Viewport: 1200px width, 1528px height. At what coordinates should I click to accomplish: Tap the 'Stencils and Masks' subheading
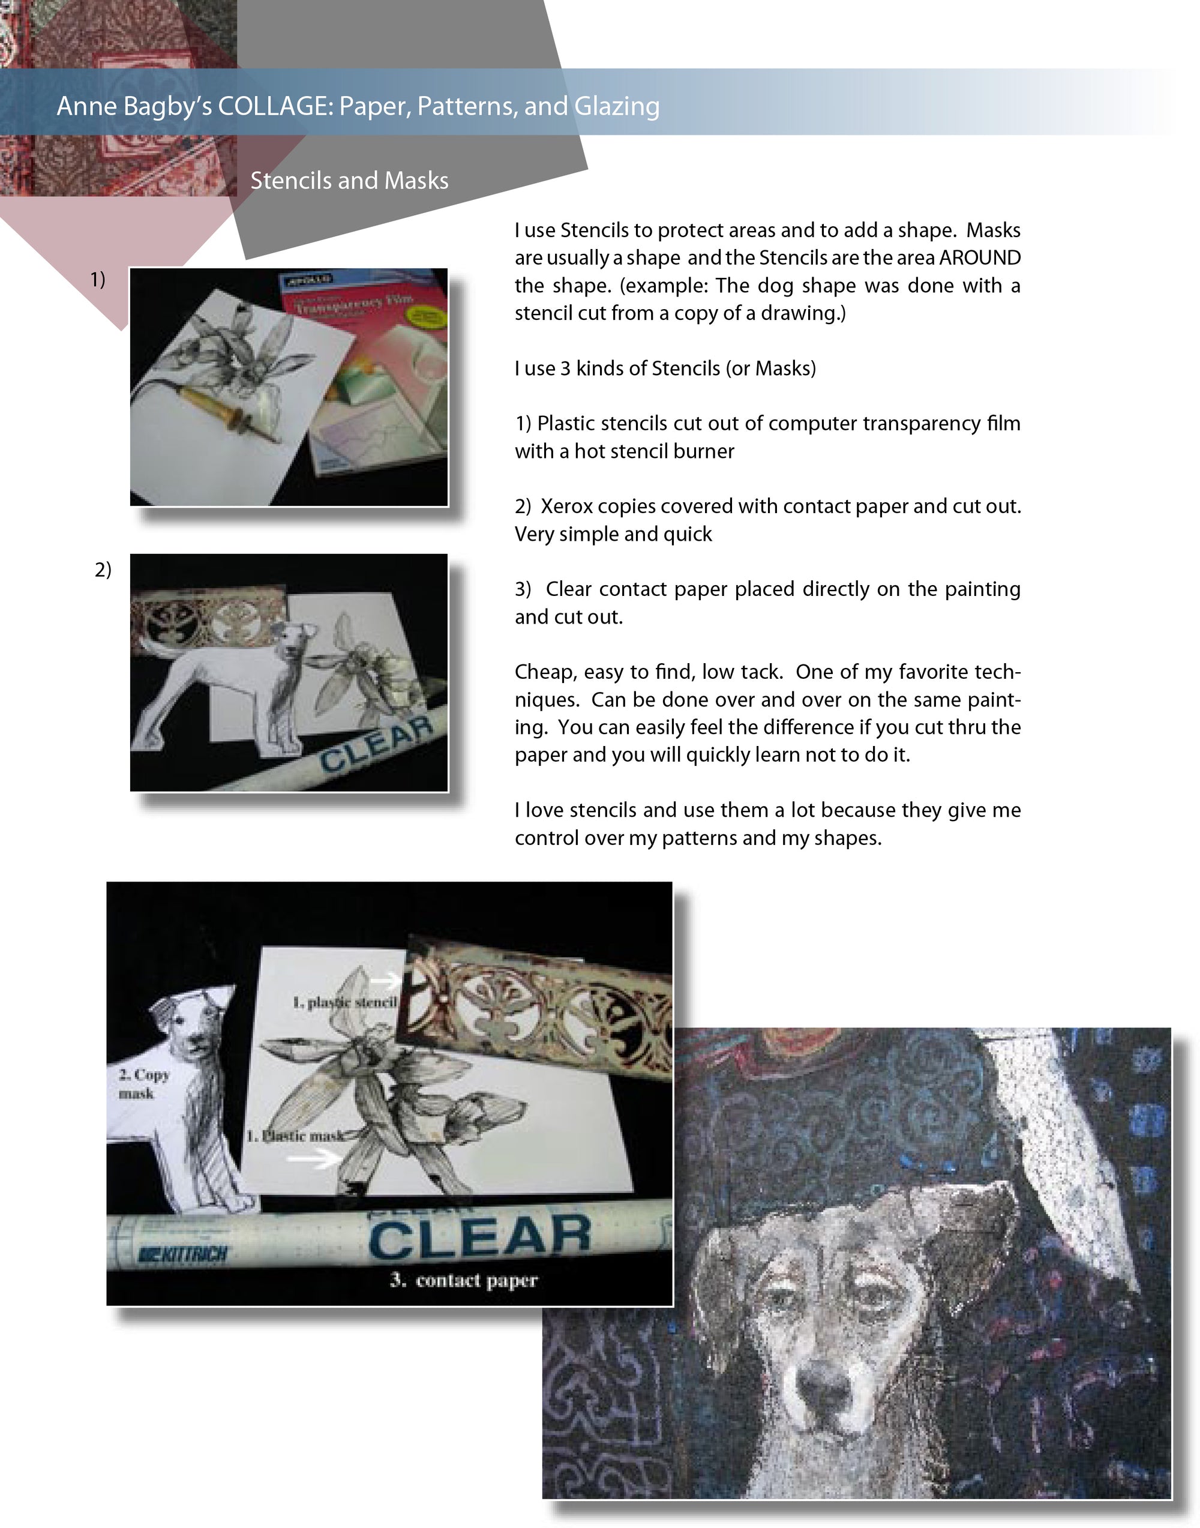click(349, 181)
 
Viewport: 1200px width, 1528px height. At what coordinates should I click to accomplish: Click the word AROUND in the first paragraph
click(979, 258)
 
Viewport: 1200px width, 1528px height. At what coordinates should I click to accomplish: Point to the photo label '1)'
click(98, 280)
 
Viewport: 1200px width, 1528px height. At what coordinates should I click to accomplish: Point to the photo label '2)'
click(103, 570)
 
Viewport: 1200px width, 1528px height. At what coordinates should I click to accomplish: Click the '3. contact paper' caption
click(464, 1280)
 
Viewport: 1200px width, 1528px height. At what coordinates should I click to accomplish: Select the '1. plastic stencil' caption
click(344, 1002)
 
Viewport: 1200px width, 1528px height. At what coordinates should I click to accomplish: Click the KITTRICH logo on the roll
click(184, 1254)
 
